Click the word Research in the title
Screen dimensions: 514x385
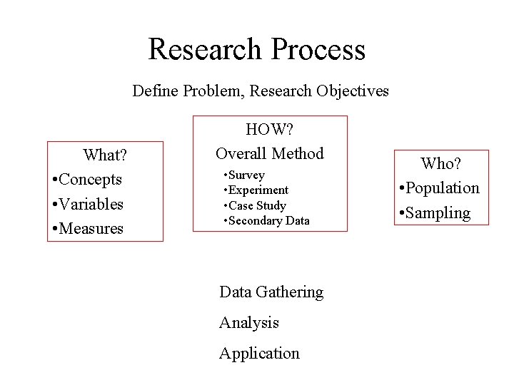204,49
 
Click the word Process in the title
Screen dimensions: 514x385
318,49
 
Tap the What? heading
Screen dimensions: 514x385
105,155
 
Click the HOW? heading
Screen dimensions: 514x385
270,129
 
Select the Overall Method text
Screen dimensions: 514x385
270,153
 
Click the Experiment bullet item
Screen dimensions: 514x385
258,190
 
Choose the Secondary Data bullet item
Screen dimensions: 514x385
268,221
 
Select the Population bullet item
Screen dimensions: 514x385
441,188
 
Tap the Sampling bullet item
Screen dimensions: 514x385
437,212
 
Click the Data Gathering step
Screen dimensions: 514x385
271,292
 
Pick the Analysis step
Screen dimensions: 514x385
249,323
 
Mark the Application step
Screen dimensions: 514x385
259,354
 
